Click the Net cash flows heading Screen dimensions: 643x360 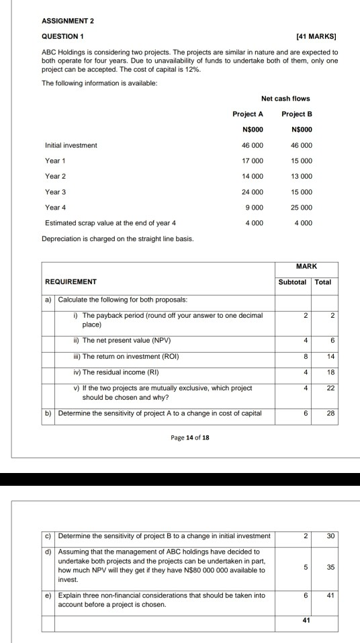tap(285, 99)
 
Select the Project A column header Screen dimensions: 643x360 tap(248, 114)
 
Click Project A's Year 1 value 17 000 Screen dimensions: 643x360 tap(253, 161)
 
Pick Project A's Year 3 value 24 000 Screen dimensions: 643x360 tap(253, 191)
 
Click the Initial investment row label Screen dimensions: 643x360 tap(71, 145)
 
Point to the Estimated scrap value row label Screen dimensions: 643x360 tap(111, 222)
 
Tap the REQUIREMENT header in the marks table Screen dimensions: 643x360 tap(71, 282)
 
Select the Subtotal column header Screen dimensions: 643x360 tap(292, 282)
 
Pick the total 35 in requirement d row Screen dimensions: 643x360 tap(328, 567)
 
